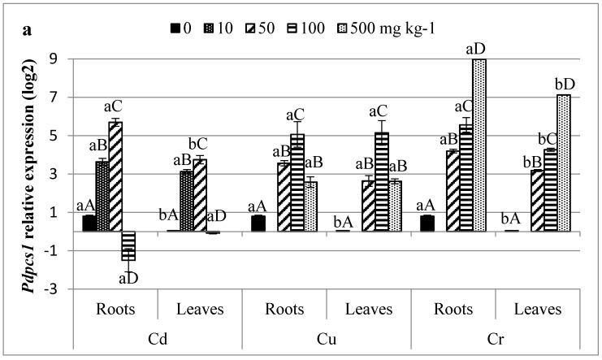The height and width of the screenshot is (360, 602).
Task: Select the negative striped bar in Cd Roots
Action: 128,245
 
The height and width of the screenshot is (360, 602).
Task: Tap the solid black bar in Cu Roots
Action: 258,223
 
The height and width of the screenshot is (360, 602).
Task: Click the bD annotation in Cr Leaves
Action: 561,85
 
